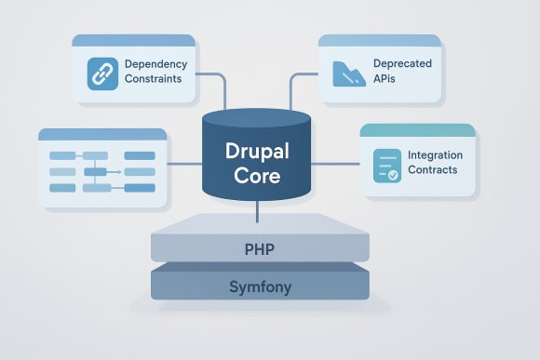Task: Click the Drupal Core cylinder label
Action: (x=256, y=163)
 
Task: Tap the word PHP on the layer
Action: (x=260, y=250)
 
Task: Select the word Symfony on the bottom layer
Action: (x=260, y=287)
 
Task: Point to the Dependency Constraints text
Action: (x=155, y=73)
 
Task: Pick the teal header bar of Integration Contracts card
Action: (x=417, y=131)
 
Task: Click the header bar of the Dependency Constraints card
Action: (x=133, y=41)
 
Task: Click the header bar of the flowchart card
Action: (x=102, y=135)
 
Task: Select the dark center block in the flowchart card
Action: (x=96, y=172)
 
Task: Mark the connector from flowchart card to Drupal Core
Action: (x=186, y=165)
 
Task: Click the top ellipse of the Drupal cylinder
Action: (x=258, y=118)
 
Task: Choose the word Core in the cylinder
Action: (x=257, y=176)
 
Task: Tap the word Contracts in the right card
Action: (x=433, y=171)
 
